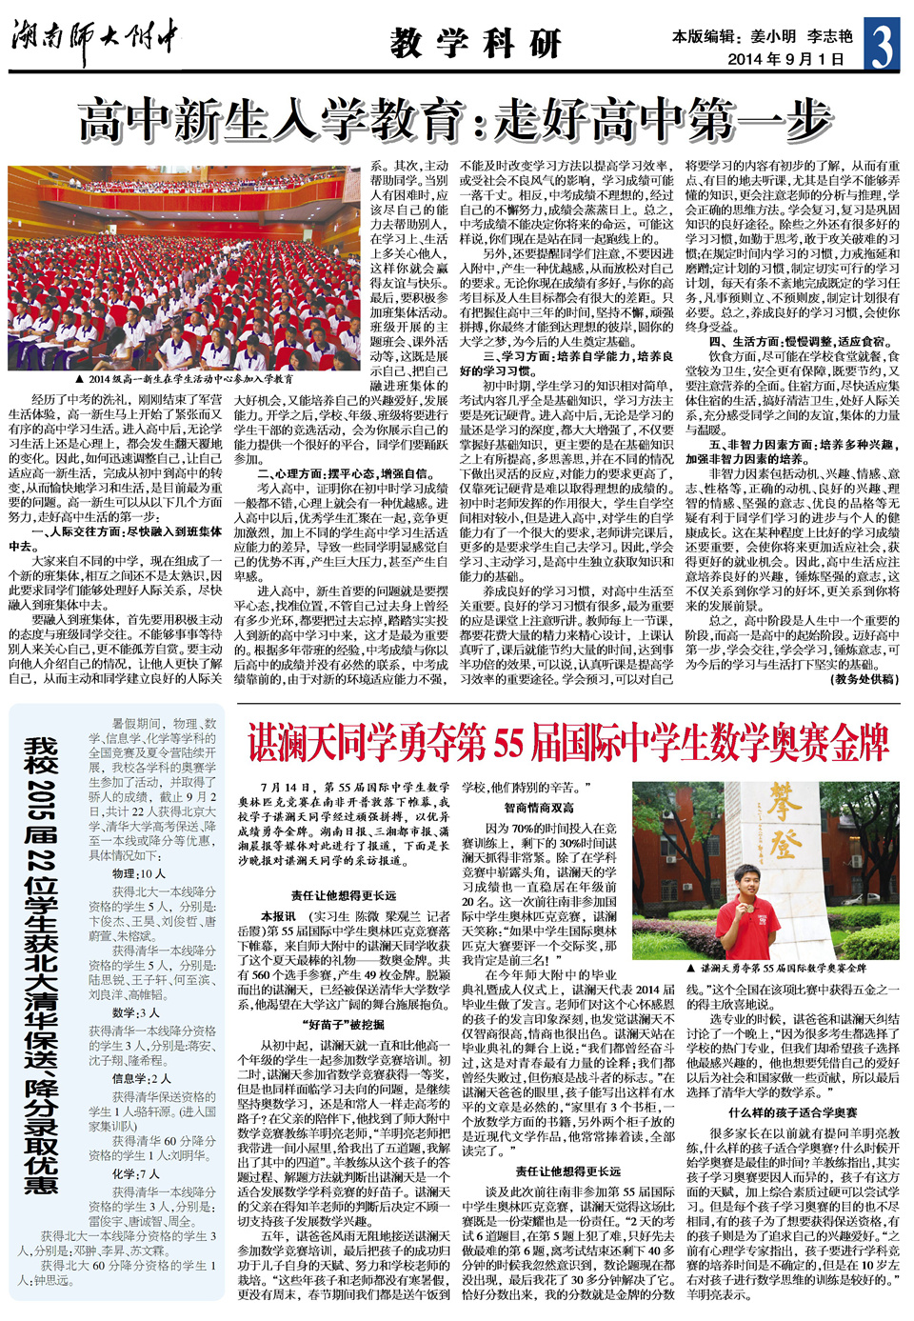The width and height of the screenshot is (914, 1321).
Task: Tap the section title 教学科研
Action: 475,42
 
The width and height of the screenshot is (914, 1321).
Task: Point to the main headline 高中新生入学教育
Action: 455,121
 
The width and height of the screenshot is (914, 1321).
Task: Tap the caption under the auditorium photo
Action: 185,379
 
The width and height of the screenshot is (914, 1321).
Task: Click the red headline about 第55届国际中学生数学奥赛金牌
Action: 568,743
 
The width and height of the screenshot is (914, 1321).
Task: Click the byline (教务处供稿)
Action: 864,679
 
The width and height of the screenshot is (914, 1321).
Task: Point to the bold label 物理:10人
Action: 139,872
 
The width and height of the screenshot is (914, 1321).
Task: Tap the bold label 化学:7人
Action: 139,1173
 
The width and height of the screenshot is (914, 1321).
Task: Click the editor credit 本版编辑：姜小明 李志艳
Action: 762,36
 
